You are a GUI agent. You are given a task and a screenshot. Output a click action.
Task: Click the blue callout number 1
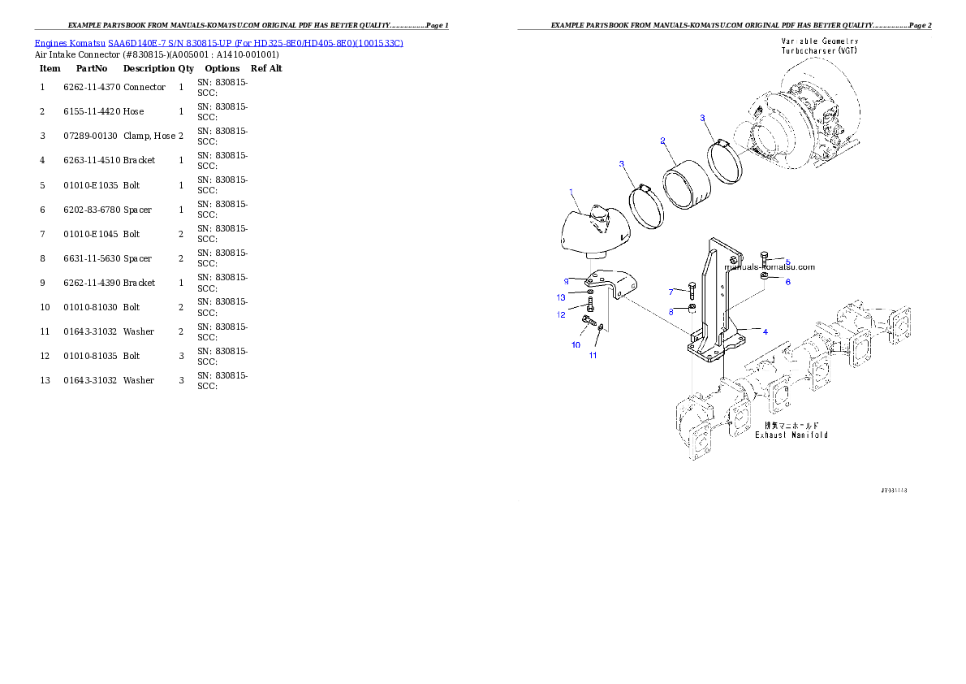(571, 192)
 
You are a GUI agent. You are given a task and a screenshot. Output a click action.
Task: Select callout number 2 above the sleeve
(662, 141)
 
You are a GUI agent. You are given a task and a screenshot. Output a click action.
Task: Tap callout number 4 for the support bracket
(765, 331)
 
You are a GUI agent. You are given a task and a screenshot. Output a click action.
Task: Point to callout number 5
(787, 262)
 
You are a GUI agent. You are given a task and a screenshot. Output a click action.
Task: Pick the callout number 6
(787, 282)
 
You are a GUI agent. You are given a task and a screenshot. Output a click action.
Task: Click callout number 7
(671, 292)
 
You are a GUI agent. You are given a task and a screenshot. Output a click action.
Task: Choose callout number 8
(671, 311)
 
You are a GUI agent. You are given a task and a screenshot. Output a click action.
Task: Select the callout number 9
(567, 281)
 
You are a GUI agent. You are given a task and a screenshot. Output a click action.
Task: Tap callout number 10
(576, 344)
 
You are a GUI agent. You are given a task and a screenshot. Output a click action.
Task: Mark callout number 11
(593, 356)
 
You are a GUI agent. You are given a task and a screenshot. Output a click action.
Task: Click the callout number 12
(561, 314)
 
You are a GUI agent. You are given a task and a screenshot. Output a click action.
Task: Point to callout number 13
(561, 297)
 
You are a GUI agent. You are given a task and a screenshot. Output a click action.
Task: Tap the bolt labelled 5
(764, 260)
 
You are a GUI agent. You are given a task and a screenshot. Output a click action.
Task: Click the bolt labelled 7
(692, 289)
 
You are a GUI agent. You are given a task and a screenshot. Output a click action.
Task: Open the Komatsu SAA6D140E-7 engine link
(218, 42)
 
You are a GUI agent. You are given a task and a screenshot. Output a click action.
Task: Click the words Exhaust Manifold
(791, 435)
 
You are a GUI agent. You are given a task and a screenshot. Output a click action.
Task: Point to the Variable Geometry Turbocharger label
(819, 45)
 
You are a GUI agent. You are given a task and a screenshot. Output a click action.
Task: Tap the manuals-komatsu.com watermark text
(770, 266)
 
